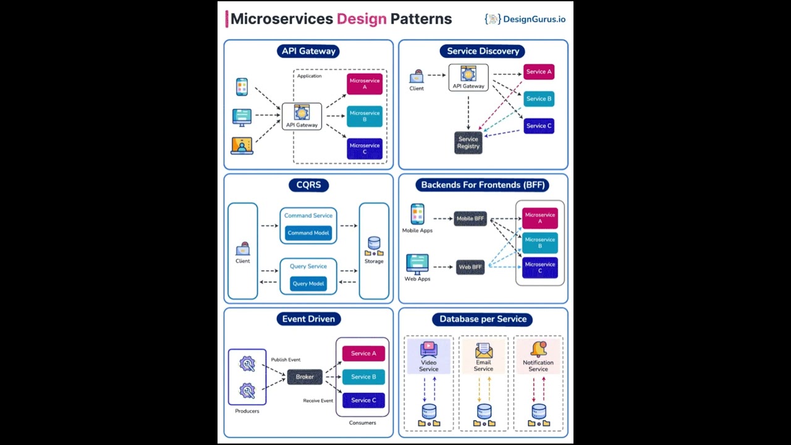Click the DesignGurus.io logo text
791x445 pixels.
(533, 19)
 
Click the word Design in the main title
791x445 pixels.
(362, 19)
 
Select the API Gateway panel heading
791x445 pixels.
(308, 51)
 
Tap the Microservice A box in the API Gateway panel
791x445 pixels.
(365, 83)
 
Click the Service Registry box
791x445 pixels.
(468, 143)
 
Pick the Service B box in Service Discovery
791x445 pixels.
(539, 99)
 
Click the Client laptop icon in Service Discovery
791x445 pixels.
(417, 77)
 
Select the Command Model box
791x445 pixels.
(308, 233)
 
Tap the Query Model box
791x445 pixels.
(308, 284)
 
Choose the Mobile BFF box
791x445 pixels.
(470, 218)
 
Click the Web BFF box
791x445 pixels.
(470, 267)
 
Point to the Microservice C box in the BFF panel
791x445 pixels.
(539, 267)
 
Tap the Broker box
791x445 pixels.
(305, 377)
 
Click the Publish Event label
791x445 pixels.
(286, 360)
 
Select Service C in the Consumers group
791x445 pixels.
(363, 400)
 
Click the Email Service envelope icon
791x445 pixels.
(483, 350)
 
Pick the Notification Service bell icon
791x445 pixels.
(538, 350)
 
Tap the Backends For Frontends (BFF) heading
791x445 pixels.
(483, 185)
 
